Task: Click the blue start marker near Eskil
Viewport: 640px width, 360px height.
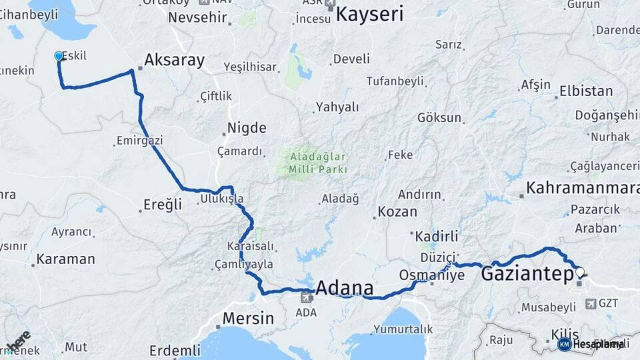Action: coord(59,56)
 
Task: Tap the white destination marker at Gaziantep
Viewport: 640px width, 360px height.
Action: coord(579,272)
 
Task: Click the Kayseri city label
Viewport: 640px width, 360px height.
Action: coord(370,14)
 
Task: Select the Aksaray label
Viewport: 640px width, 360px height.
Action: coord(174,60)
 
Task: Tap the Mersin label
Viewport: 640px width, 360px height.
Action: coord(248,318)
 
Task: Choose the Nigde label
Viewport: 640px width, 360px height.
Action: coord(247,127)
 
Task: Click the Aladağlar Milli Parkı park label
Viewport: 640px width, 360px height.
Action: coord(318,163)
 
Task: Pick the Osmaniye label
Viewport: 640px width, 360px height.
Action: coord(431,275)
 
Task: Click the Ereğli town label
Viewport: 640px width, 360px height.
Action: coord(163,205)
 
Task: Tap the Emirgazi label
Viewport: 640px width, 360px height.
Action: coord(139,141)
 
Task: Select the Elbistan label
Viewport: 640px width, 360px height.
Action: coord(586,91)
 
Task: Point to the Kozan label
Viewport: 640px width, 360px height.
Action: coord(397,212)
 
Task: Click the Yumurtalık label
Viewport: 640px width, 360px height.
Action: coord(403,329)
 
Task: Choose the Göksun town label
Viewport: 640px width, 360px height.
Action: coord(439,118)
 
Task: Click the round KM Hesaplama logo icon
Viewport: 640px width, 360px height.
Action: coord(564,344)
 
